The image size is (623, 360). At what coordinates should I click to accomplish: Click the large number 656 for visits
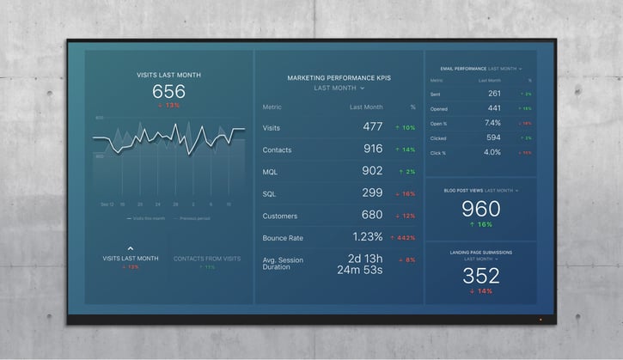tap(168, 92)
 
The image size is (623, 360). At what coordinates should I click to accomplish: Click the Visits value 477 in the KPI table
tap(372, 127)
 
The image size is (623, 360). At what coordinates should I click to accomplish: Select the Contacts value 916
tap(372, 149)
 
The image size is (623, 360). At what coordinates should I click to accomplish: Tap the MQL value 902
tap(372, 171)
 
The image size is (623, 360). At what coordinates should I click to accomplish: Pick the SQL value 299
tap(372, 193)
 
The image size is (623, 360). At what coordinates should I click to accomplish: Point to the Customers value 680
tap(372, 215)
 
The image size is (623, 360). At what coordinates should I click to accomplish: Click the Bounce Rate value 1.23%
tap(367, 236)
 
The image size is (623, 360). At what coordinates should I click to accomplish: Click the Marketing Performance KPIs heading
tap(339, 77)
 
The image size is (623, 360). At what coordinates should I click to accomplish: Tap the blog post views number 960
tap(480, 208)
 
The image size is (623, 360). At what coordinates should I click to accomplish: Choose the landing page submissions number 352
tap(480, 276)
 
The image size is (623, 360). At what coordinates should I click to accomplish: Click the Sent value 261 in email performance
tap(494, 94)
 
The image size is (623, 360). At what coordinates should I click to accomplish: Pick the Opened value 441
tap(494, 108)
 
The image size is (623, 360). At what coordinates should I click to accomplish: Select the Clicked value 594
tap(493, 137)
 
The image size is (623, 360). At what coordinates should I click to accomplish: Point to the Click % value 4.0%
tap(492, 152)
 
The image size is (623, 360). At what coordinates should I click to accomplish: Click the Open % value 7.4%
tap(492, 123)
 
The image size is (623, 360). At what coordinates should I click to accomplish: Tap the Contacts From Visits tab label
tap(207, 259)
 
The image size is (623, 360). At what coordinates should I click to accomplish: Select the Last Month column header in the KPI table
tap(366, 107)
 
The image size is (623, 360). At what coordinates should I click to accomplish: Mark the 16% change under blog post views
tap(480, 224)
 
